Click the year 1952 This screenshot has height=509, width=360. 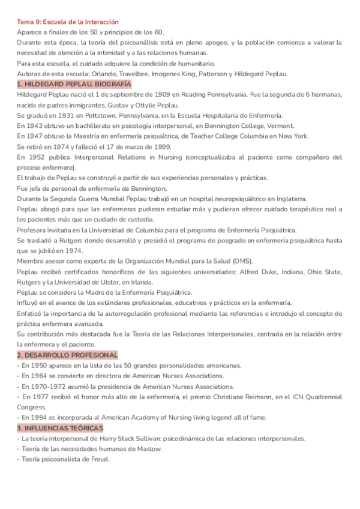(35, 157)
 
